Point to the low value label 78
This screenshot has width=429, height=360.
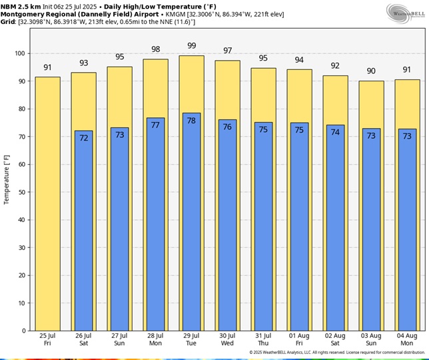click(x=191, y=121)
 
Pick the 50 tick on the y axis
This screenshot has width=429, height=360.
click(x=22, y=192)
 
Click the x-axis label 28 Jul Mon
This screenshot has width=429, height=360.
click(x=155, y=339)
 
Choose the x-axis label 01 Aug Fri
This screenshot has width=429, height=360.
click(x=299, y=339)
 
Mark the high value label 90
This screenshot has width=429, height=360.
click(x=371, y=71)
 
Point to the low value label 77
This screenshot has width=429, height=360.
click(x=155, y=125)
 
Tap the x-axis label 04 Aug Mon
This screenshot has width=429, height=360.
click(x=407, y=339)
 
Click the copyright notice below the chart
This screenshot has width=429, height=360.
click(x=337, y=353)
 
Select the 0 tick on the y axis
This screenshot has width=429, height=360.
click(x=24, y=331)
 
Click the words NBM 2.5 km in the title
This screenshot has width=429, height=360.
click(x=21, y=5)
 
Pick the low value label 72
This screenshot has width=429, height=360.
click(x=83, y=138)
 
